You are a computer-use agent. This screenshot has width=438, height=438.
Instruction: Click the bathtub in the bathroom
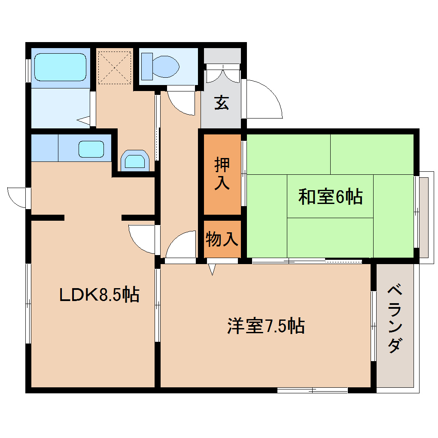coord(60,67)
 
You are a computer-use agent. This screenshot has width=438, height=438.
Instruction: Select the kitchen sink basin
coord(91,149)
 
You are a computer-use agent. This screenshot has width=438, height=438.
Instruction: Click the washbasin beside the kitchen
coord(134,161)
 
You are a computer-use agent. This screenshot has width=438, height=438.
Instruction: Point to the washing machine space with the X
coord(114,67)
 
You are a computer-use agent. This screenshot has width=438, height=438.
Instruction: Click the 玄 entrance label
coord(222,103)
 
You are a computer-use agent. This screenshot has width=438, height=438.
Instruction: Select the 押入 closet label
coord(222,174)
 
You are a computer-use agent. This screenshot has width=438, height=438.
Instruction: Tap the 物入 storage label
coord(222,239)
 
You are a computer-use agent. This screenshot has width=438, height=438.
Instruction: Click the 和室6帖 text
coord(330,197)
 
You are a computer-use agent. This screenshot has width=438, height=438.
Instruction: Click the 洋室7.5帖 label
coord(266,326)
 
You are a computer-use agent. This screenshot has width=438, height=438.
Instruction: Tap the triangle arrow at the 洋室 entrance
coord(212,269)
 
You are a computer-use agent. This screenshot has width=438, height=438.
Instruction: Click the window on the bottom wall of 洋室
coord(312,390)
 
